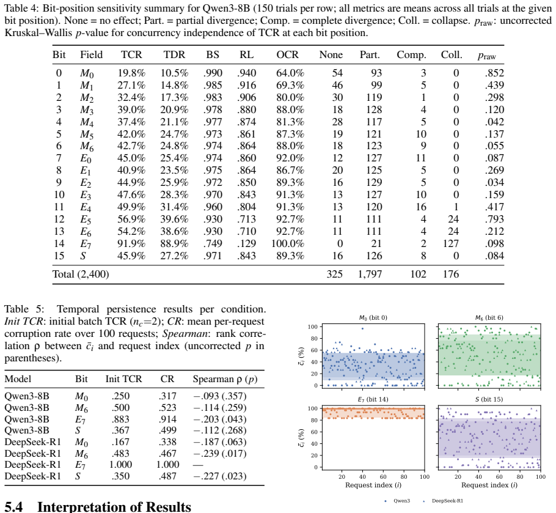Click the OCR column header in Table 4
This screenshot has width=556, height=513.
click(x=287, y=54)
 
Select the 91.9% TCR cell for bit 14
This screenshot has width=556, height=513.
click(x=131, y=244)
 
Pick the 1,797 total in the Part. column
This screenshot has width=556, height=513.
click(x=370, y=275)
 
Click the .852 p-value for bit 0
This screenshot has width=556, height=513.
click(x=494, y=73)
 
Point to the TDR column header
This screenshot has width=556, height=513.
click(x=174, y=54)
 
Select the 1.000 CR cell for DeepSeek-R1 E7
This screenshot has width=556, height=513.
click(x=166, y=465)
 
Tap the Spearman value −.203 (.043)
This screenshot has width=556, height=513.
click(x=219, y=419)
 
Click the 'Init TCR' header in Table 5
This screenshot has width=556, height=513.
click(x=123, y=379)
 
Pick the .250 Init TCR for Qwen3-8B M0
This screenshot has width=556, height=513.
click(x=120, y=396)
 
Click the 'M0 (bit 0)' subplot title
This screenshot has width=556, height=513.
click(x=373, y=318)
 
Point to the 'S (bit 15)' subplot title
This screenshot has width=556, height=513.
click(x=489, y=399)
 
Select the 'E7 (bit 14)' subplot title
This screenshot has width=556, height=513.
click(x=373, y=399)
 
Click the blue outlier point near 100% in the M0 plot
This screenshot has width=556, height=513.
click(x=362, y=328)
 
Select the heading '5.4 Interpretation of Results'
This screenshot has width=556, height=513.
click(x=98, y=507)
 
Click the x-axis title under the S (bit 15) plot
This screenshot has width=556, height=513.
click(x=489, y=485)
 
